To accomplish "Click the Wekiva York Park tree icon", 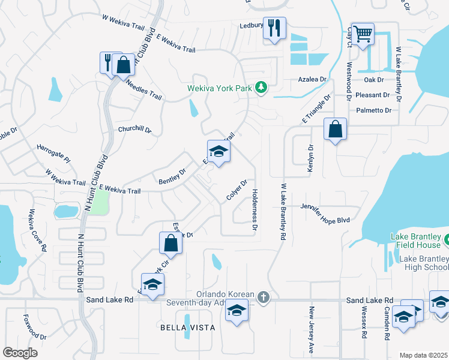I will (261, 88).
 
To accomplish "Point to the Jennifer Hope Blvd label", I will (325, 221).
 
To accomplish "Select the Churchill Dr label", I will (134, 129).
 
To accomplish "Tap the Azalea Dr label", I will (312, 79).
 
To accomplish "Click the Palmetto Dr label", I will (373, 110).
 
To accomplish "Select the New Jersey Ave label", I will (312, 329).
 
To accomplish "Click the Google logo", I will (20, 353).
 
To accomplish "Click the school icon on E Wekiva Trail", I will (219, 151).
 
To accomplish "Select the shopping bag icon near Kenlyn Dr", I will (335, 128).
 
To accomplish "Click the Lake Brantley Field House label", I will (416, 241).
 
